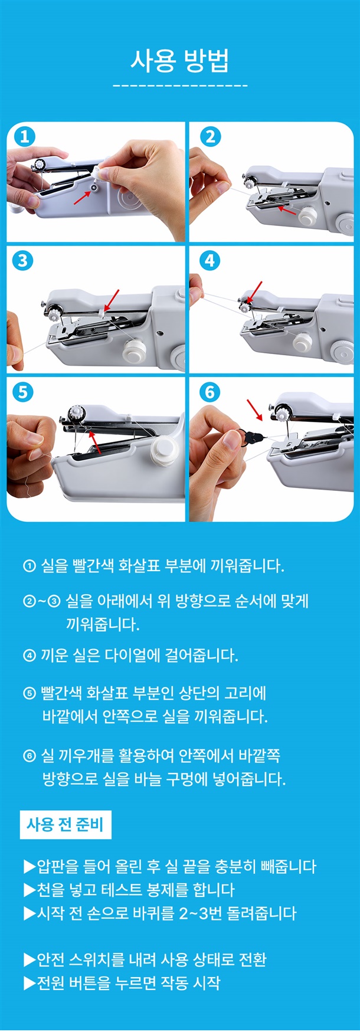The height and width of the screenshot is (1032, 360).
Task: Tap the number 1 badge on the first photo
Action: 24,137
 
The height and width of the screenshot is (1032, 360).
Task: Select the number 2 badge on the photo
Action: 210,137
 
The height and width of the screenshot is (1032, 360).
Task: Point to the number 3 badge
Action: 23,261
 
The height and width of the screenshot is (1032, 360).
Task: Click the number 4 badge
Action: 210,260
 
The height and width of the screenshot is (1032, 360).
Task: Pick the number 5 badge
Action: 23,392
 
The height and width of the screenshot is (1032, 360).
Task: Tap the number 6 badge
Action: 210,392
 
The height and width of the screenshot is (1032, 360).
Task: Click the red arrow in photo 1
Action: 81,196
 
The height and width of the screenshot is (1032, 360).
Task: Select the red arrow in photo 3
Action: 111,299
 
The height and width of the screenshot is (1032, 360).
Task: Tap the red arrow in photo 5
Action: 94,442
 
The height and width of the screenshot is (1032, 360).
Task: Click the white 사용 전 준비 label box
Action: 66,824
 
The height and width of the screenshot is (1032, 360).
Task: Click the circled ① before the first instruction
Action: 30,566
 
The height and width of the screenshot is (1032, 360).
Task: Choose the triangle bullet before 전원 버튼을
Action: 30,983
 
